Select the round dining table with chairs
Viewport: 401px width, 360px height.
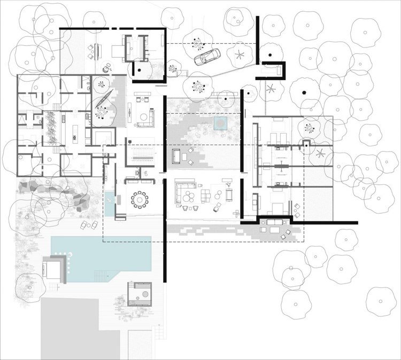141,199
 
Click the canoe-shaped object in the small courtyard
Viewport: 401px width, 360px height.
107,96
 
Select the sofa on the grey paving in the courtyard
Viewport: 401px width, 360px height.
177,156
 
